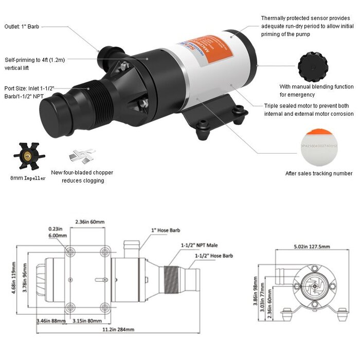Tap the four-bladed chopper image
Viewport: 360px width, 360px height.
point(82,155)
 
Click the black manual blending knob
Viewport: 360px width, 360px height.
point(313,65)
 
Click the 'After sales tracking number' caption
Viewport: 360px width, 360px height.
point(319,173)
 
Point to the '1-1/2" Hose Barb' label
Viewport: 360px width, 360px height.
point(213,256)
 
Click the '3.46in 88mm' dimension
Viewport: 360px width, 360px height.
point(50,321)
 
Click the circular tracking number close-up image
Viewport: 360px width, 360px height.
point(319,145)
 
